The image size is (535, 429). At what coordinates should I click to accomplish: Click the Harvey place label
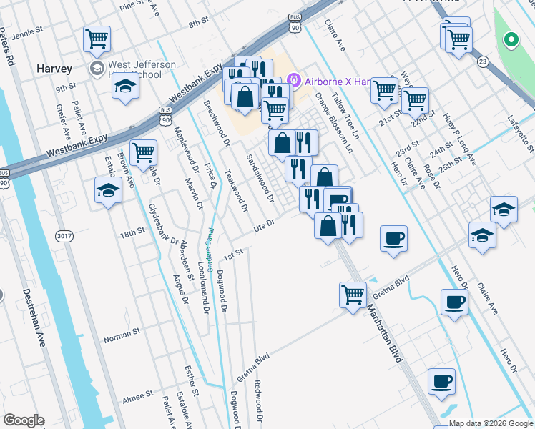[54, 69]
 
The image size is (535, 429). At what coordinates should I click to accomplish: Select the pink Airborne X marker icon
[293, 80]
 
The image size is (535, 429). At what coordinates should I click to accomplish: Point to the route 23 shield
[484, 62]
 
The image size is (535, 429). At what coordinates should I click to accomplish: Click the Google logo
[24, 420]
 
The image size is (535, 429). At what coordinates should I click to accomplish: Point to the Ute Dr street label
[264, 225]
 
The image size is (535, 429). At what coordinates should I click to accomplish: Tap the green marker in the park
[511, 39]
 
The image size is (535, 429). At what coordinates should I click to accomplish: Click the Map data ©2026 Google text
[490, 423]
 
